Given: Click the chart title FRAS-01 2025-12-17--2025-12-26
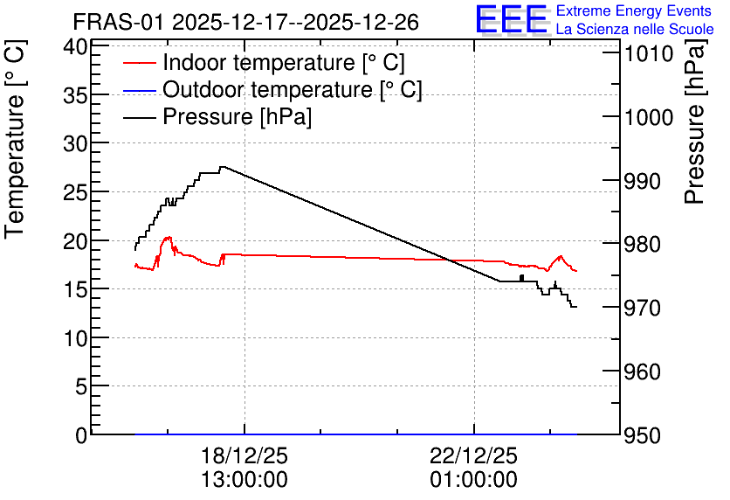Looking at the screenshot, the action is point(246,23).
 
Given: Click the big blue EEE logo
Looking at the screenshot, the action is point(512,20).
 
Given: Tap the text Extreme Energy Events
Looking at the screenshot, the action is point(634,10).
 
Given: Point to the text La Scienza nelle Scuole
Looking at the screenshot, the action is point(635,30).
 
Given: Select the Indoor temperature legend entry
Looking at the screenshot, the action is point(265,62).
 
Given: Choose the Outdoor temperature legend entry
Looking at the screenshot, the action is point(272,89).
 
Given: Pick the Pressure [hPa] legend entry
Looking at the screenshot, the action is point(217,116).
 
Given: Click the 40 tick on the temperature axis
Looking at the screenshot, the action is point(75,47).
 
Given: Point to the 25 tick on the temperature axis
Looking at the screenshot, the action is point(75,192).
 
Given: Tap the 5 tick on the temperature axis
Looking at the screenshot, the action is point(81,386).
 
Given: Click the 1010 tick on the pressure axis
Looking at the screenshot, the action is point(649,54).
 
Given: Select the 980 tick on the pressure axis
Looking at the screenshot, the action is point(642,244).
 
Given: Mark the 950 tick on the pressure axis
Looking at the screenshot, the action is point(642,435).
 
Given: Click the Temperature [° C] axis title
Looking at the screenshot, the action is point(15,139).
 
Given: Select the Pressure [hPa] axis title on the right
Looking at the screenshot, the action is point(694,122).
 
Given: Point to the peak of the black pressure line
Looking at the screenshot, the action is point(223,167).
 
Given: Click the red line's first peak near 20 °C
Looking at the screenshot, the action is point(168,238).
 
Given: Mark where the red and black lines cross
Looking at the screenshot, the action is point(448,260).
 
